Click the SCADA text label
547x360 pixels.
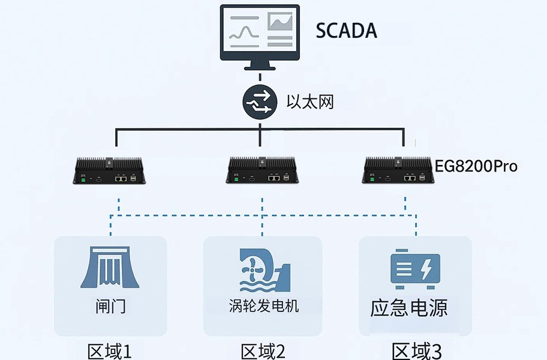pos(347,30)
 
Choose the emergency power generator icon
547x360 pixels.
pos(415,268)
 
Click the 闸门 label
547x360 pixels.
pos(110,307)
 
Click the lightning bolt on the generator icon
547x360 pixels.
pos(425,268)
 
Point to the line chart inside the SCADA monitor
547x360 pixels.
pos(244,30)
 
